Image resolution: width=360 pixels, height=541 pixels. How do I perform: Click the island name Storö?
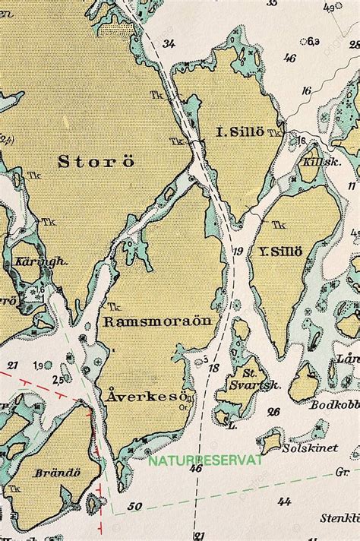click(x=96, y=160)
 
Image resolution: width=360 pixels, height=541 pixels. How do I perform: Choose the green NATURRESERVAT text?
click(x=206, y=460)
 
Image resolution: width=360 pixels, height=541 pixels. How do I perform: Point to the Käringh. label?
click(x=31, y=261)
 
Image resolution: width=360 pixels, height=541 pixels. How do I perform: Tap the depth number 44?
click(x=284, y=501)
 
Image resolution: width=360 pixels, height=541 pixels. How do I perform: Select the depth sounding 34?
click(x=168, y=43)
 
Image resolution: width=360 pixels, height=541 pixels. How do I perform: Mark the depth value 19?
click(x=238, y=252)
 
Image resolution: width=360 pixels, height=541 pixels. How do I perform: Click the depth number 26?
click(x=273, y=411)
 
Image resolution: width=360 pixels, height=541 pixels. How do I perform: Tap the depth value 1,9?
click(x=37, y=366)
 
